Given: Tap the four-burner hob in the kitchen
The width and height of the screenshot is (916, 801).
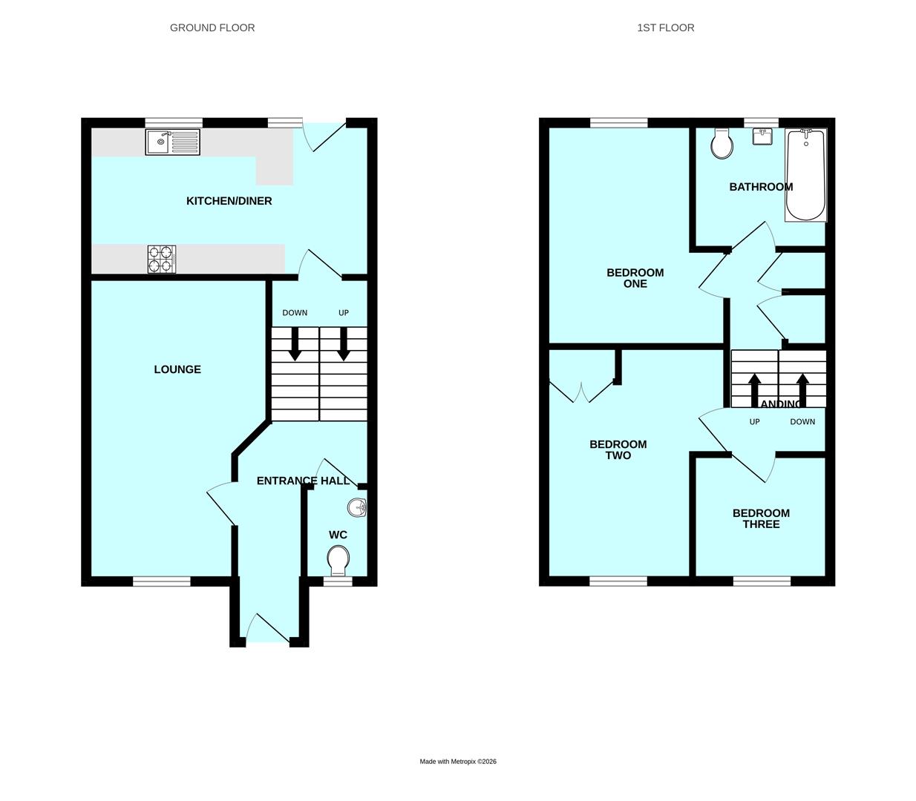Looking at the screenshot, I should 162,260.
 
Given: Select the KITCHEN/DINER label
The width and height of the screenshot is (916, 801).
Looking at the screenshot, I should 229,201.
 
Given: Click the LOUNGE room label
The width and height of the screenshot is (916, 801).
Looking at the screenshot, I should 177,369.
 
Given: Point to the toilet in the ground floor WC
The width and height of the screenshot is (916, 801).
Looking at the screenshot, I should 338,560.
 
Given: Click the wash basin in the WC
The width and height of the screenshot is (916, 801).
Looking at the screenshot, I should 358,508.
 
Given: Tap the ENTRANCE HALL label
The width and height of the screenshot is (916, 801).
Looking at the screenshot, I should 303,481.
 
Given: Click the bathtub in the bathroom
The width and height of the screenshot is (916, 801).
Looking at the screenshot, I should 806,175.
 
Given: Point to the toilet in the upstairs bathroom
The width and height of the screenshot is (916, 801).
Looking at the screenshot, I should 722,144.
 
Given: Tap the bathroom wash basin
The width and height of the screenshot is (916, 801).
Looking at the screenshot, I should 762,136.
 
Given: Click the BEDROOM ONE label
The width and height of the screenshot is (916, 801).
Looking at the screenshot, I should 635,278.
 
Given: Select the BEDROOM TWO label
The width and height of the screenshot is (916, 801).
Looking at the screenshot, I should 618,450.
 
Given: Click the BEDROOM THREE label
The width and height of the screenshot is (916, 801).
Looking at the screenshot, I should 761,518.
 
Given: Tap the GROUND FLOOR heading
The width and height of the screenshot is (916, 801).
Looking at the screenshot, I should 212,27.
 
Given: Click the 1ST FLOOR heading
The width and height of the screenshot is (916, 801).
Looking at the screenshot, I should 666,27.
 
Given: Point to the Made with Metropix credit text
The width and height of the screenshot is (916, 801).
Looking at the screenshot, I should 458,762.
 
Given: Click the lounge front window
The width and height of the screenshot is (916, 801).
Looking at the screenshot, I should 162,581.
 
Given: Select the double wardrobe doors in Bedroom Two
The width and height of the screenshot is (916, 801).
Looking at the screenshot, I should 581,390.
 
